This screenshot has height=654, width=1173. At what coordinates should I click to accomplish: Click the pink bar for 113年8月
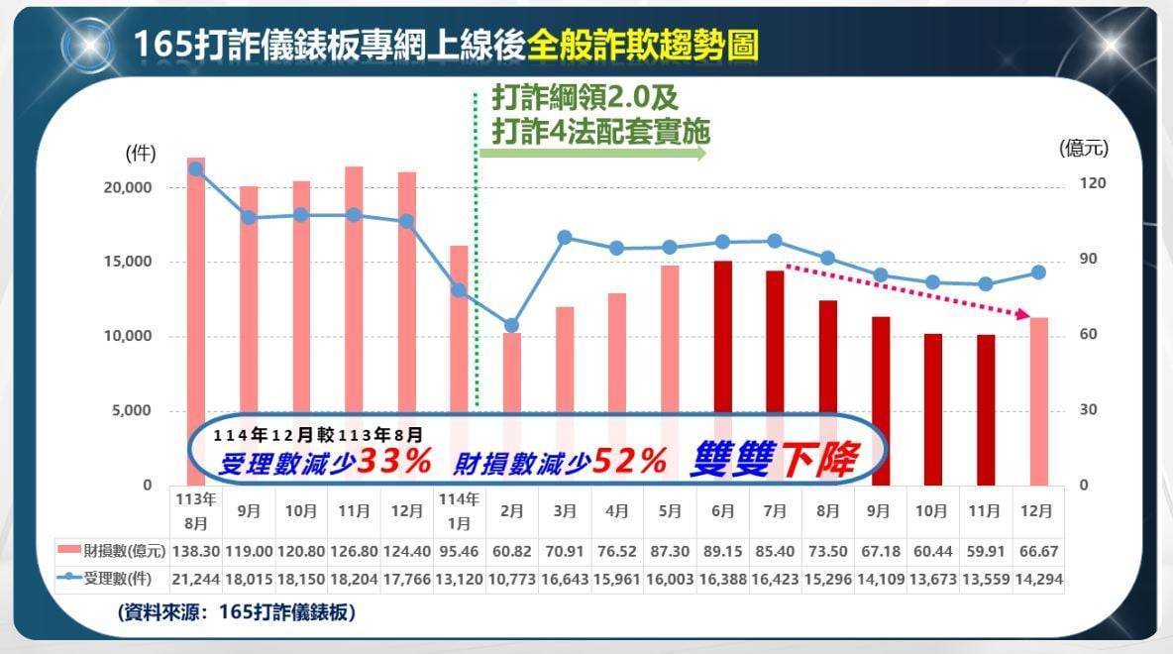point(196,287)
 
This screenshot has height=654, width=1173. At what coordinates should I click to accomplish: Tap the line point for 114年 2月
point(511,325)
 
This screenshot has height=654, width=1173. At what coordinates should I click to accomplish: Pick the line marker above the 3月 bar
point(565,237)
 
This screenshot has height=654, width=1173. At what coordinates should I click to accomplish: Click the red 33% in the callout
point(394,460)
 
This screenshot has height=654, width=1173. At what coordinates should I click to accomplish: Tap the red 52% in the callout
point(630,460)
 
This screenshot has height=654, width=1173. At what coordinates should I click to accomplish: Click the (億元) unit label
point(1084,149)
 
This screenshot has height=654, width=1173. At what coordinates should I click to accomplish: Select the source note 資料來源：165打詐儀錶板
point(236,613)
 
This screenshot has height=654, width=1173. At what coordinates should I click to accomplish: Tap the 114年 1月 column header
point(459,510)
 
